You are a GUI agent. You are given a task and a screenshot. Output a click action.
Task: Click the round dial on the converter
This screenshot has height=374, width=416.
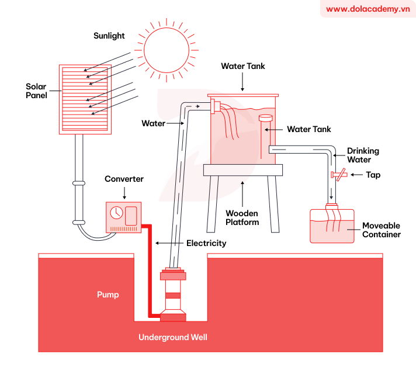[116, 212]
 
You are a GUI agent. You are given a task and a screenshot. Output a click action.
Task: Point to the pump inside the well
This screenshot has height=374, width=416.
[174, 295]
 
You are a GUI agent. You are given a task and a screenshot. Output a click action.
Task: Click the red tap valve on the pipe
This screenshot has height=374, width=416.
[338, 174]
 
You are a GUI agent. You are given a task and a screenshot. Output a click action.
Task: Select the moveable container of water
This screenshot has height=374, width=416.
[332, 225]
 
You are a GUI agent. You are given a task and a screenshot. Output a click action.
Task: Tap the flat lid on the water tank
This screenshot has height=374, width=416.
[243, 93]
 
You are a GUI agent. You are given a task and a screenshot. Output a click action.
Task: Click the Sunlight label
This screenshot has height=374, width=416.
[109, 36]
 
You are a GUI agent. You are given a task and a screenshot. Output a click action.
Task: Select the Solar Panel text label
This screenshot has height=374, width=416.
[36, 91]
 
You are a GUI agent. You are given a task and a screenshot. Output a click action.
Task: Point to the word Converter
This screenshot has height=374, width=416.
[124, 179]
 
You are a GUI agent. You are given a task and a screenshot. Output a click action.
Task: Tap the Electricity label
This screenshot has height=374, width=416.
[206, 243]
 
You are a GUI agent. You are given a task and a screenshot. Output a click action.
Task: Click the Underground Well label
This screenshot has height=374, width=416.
[172, 337]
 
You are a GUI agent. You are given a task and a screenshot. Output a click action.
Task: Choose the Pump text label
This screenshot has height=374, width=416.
[108, 295]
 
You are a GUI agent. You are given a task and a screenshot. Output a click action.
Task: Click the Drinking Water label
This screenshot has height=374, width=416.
[359, 155]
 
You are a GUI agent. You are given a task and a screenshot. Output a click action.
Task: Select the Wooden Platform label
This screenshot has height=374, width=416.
[242, 217]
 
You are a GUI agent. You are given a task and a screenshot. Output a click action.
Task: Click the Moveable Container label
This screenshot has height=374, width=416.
[381, 230]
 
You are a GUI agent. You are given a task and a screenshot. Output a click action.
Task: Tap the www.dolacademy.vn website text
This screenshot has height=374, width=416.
[368, 9]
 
